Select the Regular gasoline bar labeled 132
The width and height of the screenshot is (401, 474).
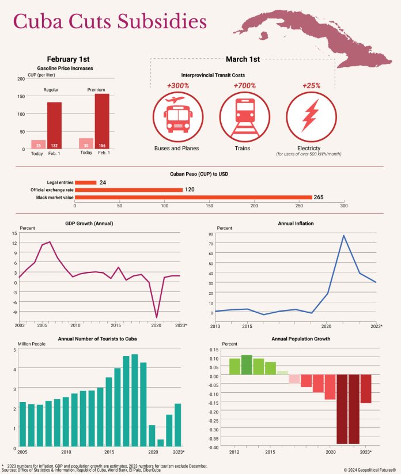click(54, 126)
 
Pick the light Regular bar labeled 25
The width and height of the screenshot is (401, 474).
click(39, 145)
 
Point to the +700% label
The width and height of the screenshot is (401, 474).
click(244, 85)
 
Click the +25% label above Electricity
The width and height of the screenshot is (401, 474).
click(311, 85)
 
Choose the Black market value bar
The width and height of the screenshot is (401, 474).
click(193, 197)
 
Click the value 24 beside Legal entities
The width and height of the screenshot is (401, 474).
click(103, 183)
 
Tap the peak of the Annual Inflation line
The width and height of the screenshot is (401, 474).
click(343, 235)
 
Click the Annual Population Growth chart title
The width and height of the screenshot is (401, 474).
click(300, 339)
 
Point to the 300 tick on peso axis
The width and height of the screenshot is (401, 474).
click(343, 205)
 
